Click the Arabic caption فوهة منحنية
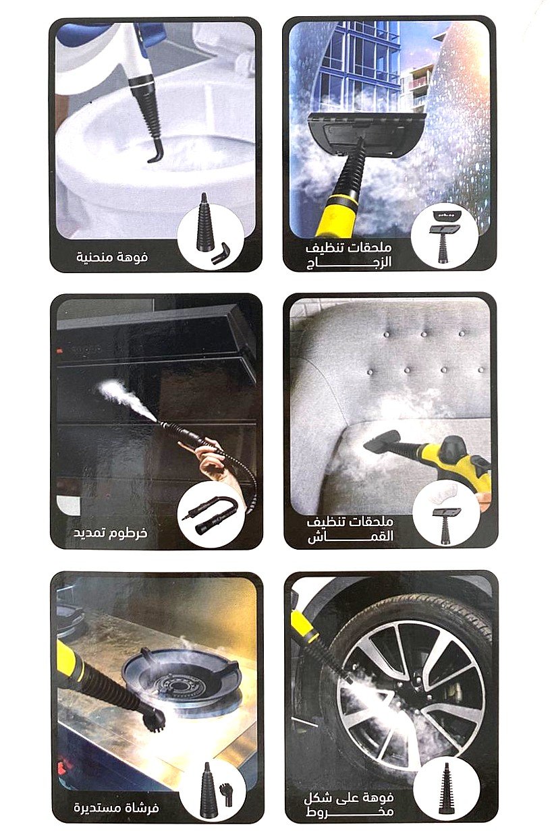click(x=112, y=257)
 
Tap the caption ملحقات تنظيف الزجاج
click(x=350, y=255)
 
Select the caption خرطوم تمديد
click(x=110, y=533)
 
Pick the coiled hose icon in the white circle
click(x=209, y=513)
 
